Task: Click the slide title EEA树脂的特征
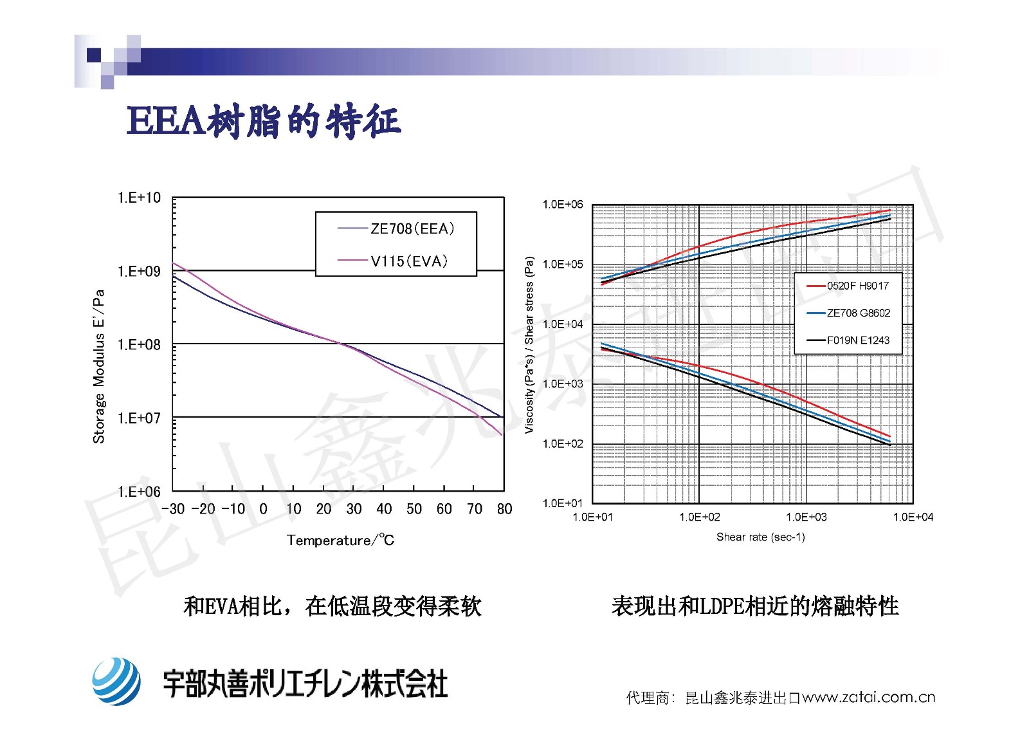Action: pos(264,121)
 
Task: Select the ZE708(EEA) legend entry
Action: pos(412,228)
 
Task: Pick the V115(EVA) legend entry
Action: pos(408,261)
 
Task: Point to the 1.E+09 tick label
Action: pos(139,271)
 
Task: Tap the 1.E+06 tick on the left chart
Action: pos(139,492)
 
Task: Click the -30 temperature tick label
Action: pos(173,509)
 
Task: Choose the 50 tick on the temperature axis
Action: pos(414,509)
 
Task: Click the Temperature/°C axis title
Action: pos(340,540)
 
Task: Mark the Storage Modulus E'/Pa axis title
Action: pos(98,366)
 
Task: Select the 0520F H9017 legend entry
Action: pos(857,286)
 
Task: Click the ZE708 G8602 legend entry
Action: pos(858,313)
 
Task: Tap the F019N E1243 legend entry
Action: pos(858,340)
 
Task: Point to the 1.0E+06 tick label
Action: pos(563,205)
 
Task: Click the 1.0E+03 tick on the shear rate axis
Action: pos(806,517)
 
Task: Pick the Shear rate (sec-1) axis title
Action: pos(760,537)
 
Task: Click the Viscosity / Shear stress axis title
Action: pos(529,345)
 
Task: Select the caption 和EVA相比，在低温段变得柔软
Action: pos(332,606)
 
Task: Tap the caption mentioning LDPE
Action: pos(755,606)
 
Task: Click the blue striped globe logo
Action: pos(116,681)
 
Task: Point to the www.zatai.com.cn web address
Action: pos(868,697)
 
